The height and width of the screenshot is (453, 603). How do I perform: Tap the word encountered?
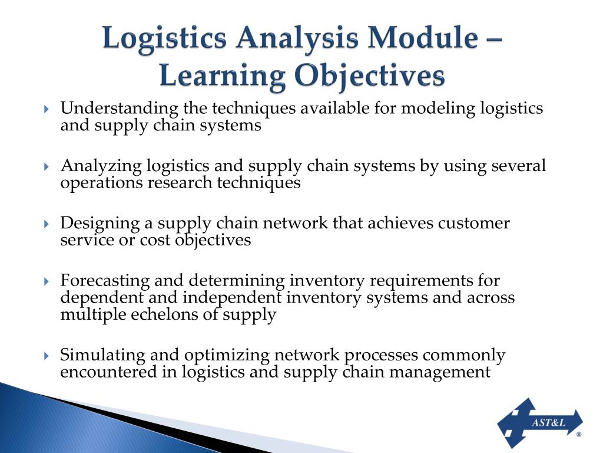point(111,372)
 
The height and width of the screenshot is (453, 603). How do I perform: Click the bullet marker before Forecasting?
point(47,282)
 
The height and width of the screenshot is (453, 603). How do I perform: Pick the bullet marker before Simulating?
point(47,356)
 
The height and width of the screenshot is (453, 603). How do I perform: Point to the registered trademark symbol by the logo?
point(578,434)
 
